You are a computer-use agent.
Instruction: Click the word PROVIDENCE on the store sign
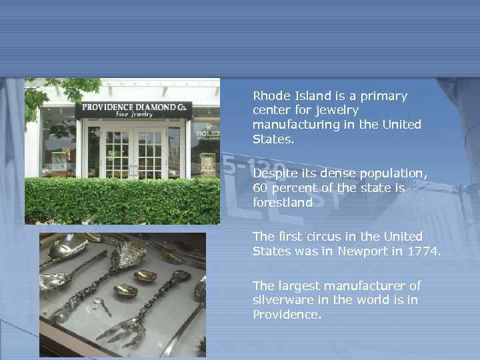[107, 107]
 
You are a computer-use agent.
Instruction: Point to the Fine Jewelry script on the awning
[134, 115]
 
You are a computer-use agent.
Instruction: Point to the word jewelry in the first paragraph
[333, 110]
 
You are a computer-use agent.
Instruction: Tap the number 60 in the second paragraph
[261, 188]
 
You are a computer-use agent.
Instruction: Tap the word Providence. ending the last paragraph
[287, 314]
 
